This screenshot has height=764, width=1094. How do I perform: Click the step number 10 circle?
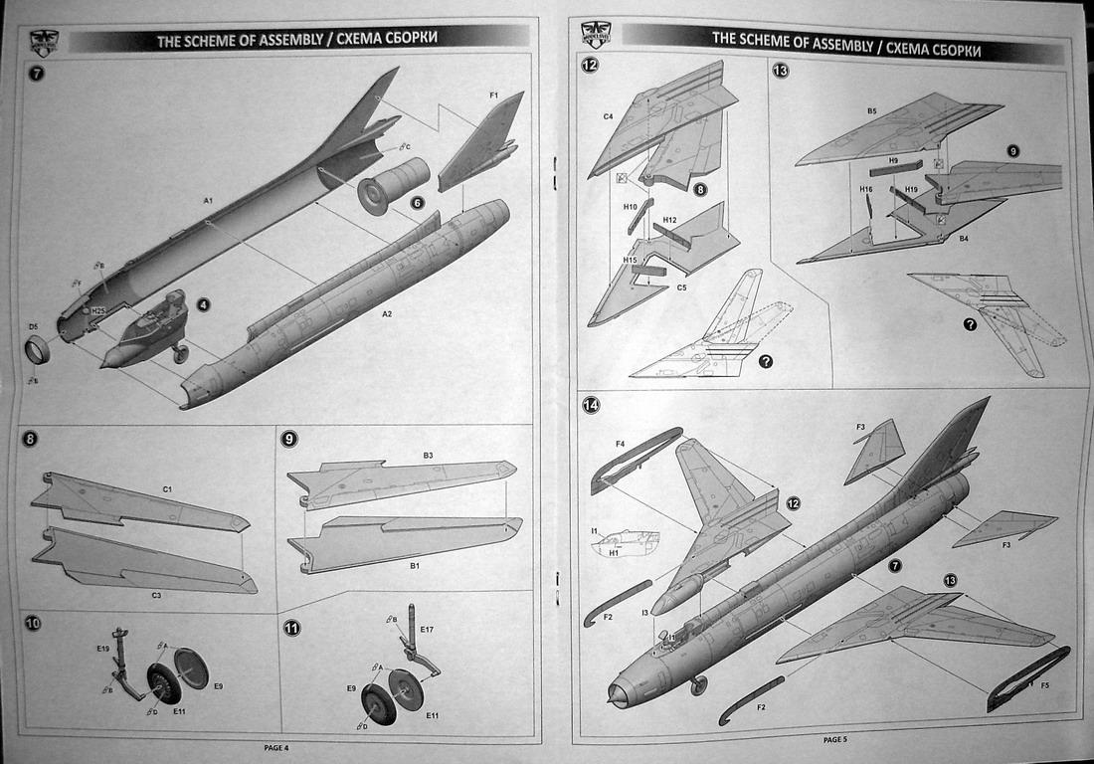[33, 624]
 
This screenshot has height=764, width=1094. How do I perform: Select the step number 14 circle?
[592, 404]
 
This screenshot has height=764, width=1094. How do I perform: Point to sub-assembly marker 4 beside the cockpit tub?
[203, 305]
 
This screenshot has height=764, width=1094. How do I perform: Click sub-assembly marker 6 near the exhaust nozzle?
[418, 202]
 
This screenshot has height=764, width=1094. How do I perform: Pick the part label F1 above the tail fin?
[493, 95]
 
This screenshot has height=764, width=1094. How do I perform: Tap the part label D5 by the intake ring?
[33, 326]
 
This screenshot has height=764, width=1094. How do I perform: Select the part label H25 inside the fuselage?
[97, 310]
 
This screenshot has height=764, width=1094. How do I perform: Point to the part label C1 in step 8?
[167, 489]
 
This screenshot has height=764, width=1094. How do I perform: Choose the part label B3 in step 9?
[428, 455]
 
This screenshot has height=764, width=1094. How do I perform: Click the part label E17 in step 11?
[427, 629]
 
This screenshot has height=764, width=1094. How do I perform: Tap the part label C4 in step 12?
[608, 116]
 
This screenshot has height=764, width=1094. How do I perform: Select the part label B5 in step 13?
[870, 111]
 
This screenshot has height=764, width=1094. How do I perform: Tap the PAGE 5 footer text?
[834, 739]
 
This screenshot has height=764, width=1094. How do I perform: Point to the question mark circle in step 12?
[766, 361]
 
